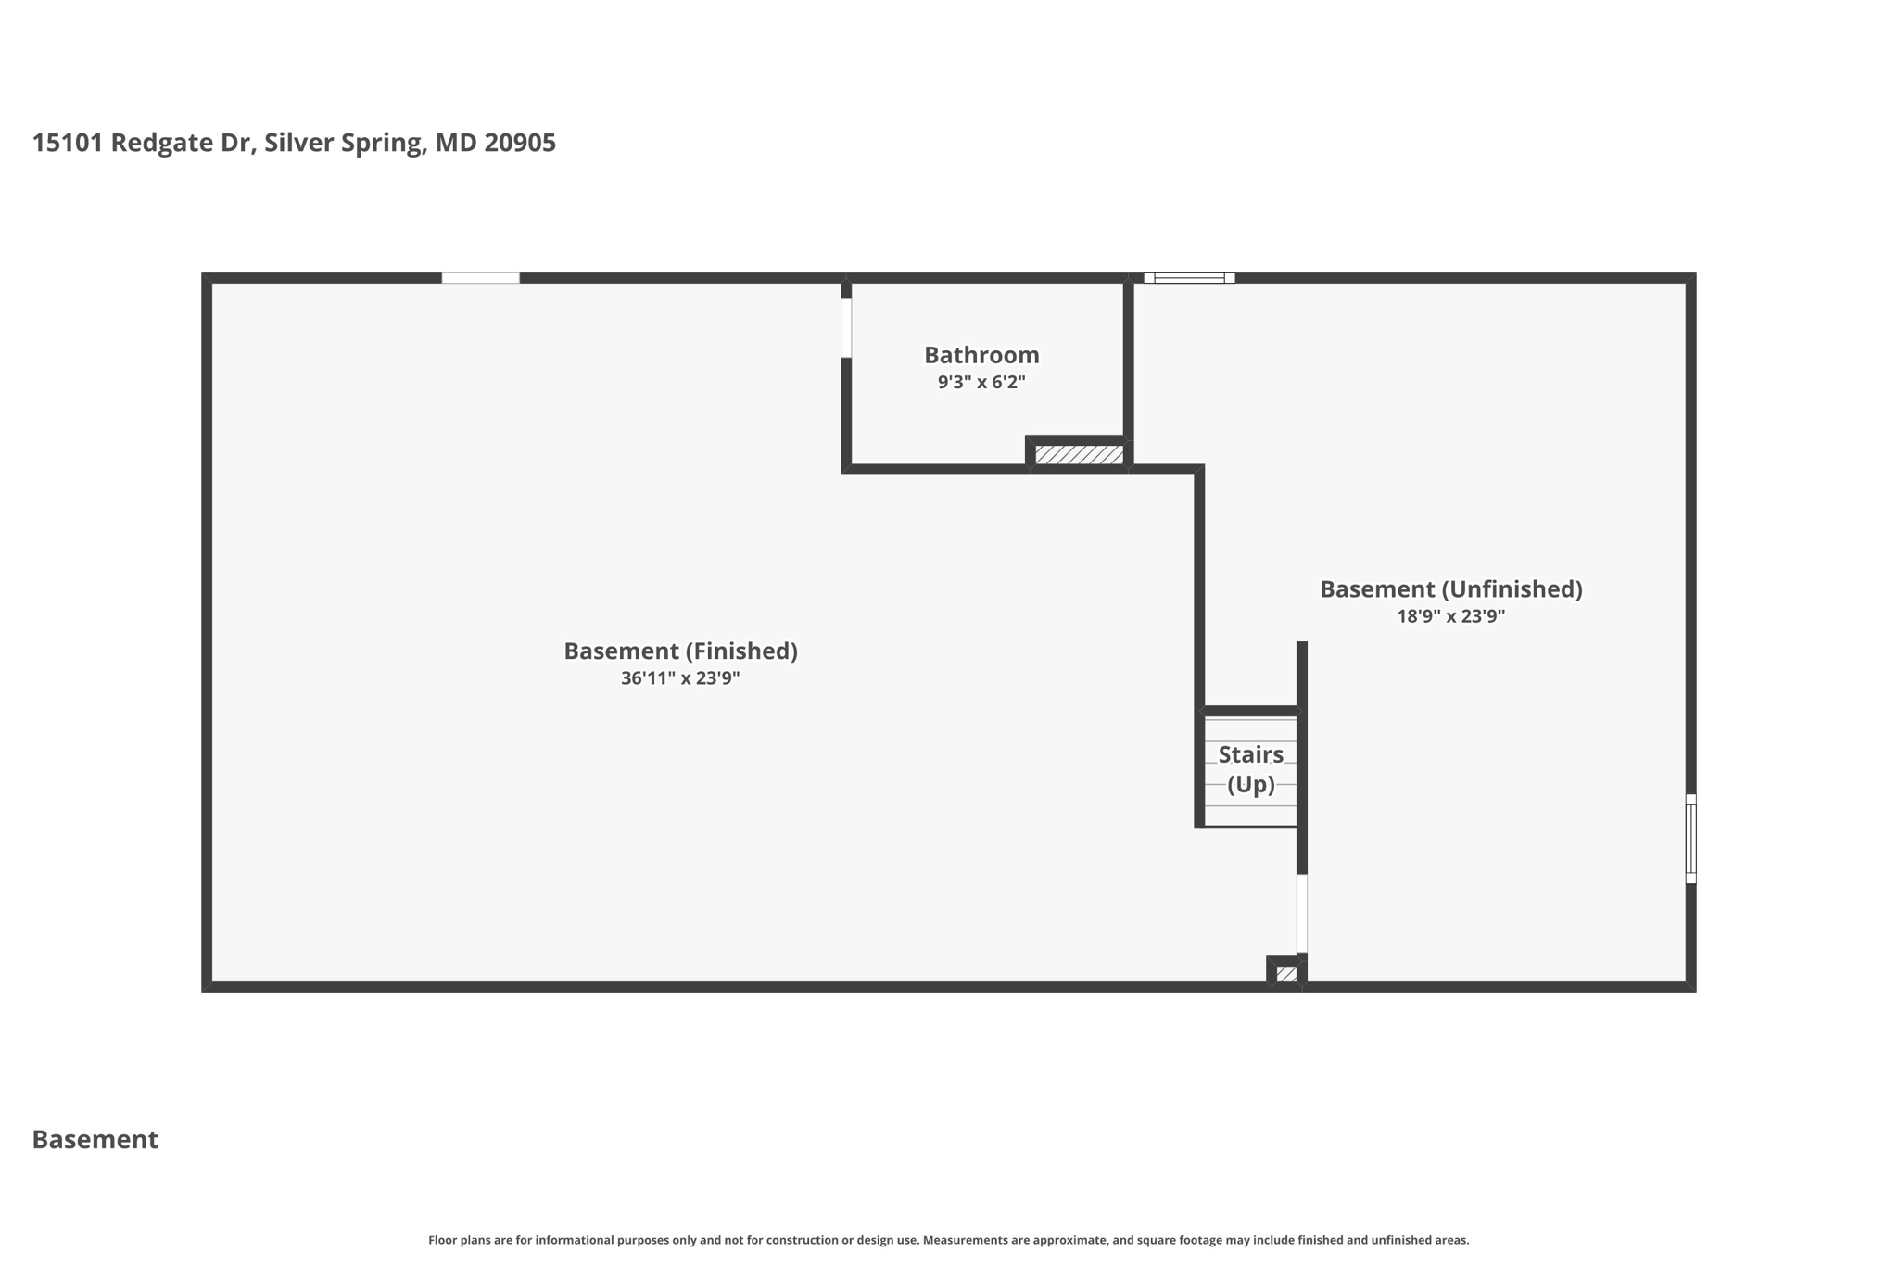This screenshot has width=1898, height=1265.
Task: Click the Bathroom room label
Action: click(x=981, y=355)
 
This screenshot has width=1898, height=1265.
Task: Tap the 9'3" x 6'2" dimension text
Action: click(x=981, y=382)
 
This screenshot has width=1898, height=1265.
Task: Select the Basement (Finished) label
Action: click(x=680, y=651)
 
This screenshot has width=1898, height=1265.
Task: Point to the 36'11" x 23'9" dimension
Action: click(x=680, y=678)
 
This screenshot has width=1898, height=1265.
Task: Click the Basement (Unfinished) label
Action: click(x=1450, y=589)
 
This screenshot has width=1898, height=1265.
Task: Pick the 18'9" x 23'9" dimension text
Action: click(x=1450, y=616)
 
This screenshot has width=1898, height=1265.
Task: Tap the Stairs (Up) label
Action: click(x=1250, y=769)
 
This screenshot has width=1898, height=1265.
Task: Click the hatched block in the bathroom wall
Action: click(x=1079, y=454)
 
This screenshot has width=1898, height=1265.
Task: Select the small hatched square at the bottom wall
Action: click(x=1286, y=974)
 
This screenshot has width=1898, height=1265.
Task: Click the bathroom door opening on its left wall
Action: click(x=846, y=327)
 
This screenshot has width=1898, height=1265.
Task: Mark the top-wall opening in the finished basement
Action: click(x=480, y=278)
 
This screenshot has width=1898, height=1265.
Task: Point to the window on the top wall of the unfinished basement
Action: click(x=1189, y=278)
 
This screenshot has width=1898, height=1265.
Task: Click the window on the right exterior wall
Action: click(x=1690, y=839)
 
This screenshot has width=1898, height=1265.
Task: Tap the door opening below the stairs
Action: click(x=1301, y=913)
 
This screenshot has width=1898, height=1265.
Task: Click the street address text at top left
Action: click(x=294, y=143)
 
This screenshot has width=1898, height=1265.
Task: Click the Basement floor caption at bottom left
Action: click(x=95, y=1139)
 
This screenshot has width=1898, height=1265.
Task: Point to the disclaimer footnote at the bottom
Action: click(x=948, y=1240)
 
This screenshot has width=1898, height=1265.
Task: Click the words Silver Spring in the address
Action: click(x=345, y=143)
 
